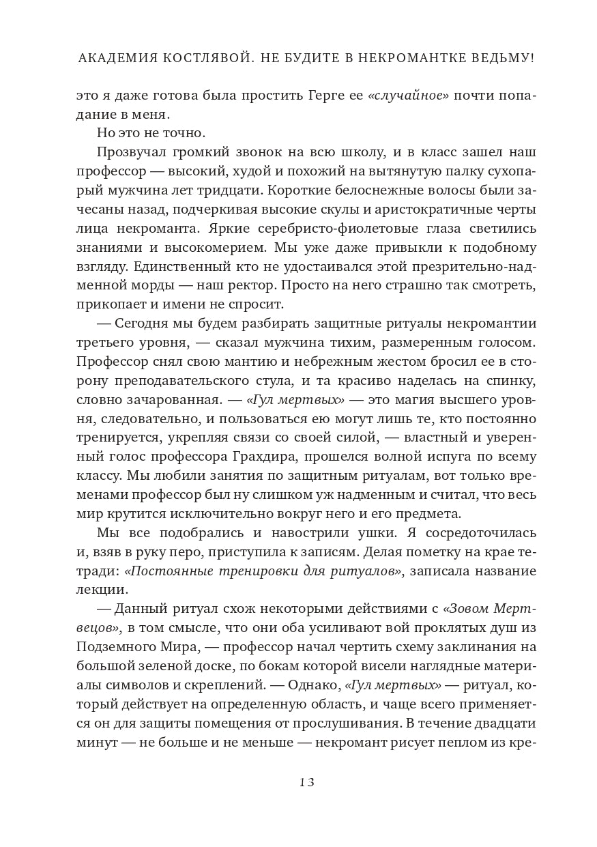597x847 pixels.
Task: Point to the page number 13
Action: click(306, 782)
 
